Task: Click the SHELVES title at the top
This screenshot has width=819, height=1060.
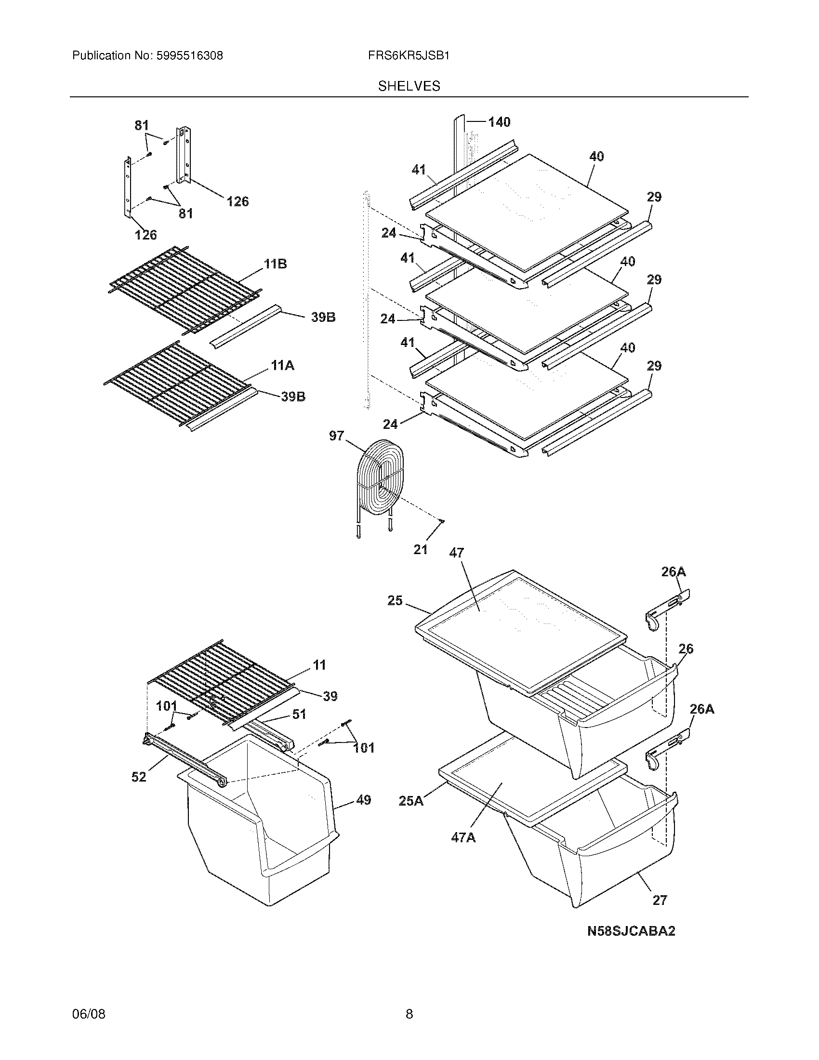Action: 409,86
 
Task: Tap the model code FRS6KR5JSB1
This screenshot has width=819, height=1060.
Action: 409,56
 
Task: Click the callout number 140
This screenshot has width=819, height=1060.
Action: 499,122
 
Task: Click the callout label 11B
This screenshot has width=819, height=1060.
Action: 275,264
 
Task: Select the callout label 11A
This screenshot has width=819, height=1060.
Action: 282,365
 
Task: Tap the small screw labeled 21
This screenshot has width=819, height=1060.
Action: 441,521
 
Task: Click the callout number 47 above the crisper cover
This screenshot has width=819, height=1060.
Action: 456,552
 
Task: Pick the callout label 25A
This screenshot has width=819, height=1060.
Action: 411,801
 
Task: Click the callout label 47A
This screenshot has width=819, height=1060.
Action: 463,837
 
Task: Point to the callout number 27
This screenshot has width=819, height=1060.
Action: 660,901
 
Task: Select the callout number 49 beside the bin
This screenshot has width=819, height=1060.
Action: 363,800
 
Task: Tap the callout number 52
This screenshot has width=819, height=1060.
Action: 139,777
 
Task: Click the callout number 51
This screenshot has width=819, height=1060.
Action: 299,714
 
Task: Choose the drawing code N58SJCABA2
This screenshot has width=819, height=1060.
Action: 631,931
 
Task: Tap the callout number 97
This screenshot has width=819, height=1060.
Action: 337,436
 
